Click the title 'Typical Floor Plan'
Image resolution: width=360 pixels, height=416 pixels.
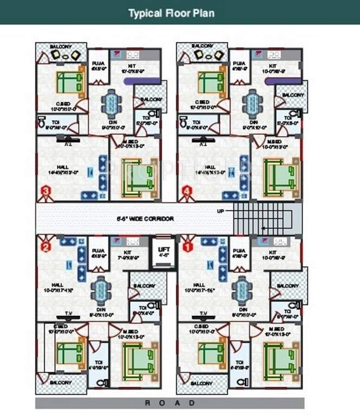click(x=171, y=13)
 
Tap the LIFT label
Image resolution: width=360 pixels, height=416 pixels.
click(x=163, y=247)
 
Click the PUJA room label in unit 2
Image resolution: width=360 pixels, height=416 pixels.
click(x=98, y=251)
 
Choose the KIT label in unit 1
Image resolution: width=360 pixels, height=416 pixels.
click(x=273, y=252)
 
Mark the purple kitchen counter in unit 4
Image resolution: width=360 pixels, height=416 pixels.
click(x=283, y=81)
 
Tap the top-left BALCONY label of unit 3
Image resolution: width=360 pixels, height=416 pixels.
click(x=61, y=47)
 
